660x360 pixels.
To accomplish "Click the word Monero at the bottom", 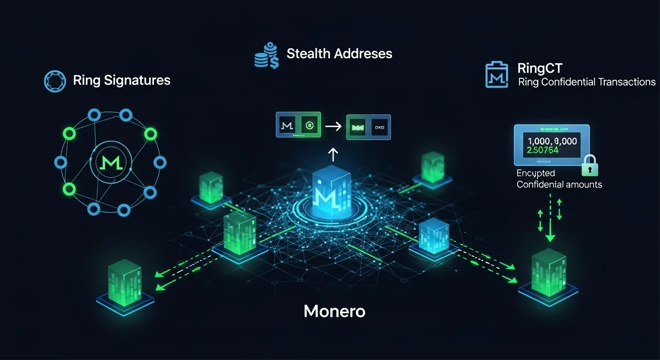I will click(x=334, y=311).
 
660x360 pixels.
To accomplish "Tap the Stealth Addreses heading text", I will click(x=339, y=53).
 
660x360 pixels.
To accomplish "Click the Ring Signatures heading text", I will click(x=121, y=80).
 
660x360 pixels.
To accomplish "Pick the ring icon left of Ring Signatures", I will click(x=54, y=81).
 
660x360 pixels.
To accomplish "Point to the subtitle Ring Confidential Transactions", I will click(x=586, y=82).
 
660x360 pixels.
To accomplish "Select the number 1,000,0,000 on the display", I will click(x=552, y=141).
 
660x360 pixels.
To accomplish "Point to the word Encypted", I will click(x=535, y=173).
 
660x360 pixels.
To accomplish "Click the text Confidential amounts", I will click(x=559, y=184).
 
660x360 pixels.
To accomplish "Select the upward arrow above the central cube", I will click(x=332, y=154).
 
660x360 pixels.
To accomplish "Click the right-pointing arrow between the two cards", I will click(x=333, y=126).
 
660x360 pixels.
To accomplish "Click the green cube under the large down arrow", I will click(x=549, y=273).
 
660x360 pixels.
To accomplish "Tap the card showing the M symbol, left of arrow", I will click(x=287, y=125).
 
